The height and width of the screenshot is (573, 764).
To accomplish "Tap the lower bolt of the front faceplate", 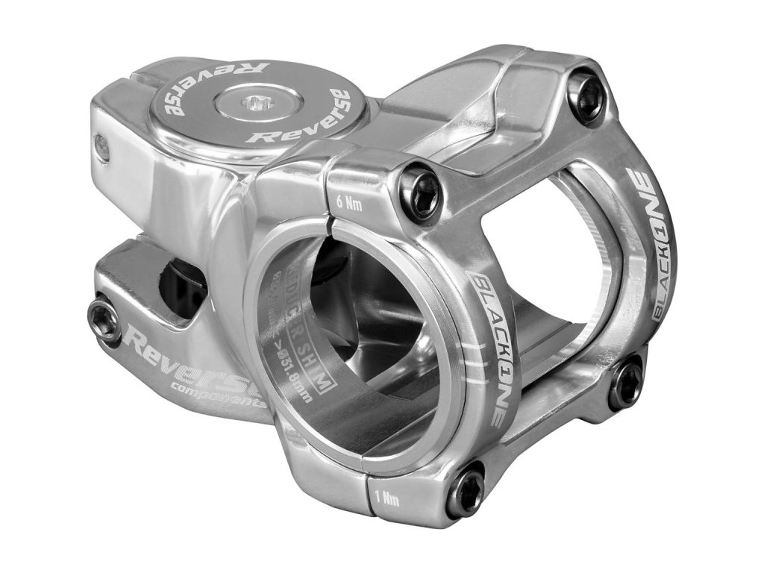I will click(467, 490).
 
